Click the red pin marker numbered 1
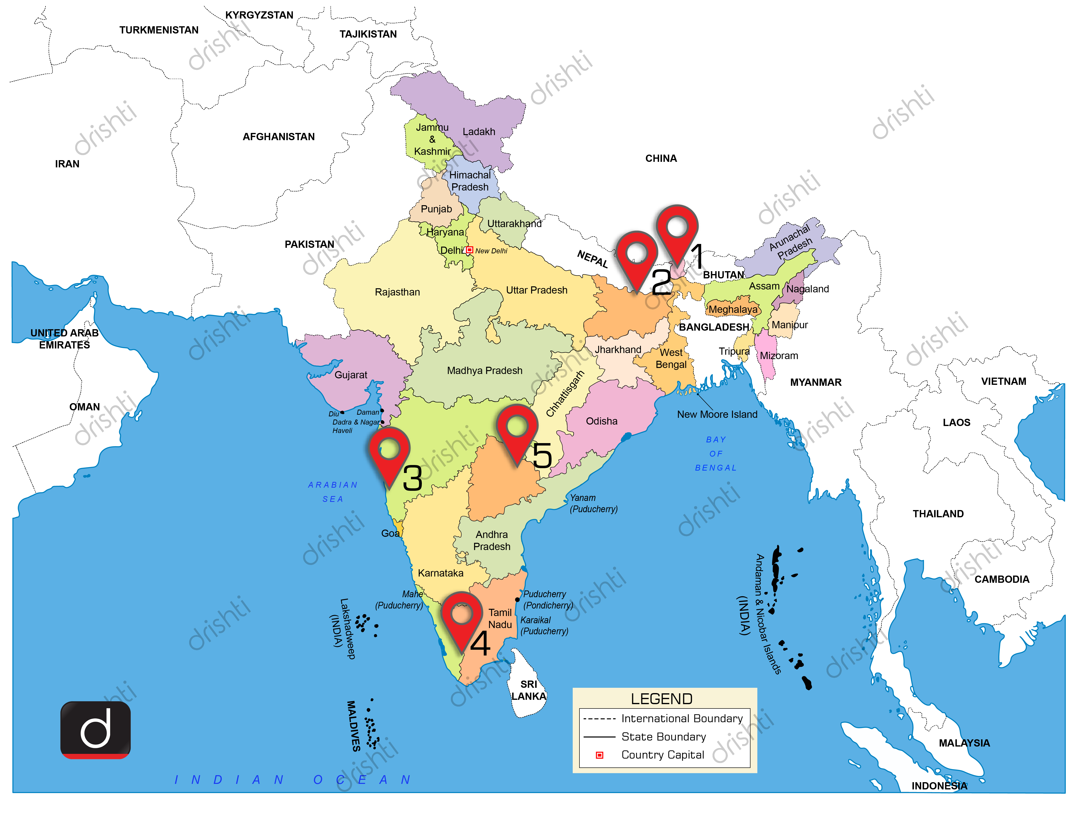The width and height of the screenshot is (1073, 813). pos(677,228)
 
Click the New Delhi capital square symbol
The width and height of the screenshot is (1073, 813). pos(469,250)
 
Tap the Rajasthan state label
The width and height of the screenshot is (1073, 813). pos(397,292)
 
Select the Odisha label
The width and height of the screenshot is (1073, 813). pos(602,421)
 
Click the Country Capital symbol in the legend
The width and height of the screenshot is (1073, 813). pos(600,755)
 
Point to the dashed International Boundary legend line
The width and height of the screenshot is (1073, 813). pos(600,719)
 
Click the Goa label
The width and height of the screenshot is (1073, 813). pos(390,533)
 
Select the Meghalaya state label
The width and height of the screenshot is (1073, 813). pos(733,310)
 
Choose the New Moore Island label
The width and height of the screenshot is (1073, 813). pos(717,414)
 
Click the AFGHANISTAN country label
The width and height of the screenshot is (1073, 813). pos(278,137)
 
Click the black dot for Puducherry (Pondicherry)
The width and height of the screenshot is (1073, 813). pos(518,600)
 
